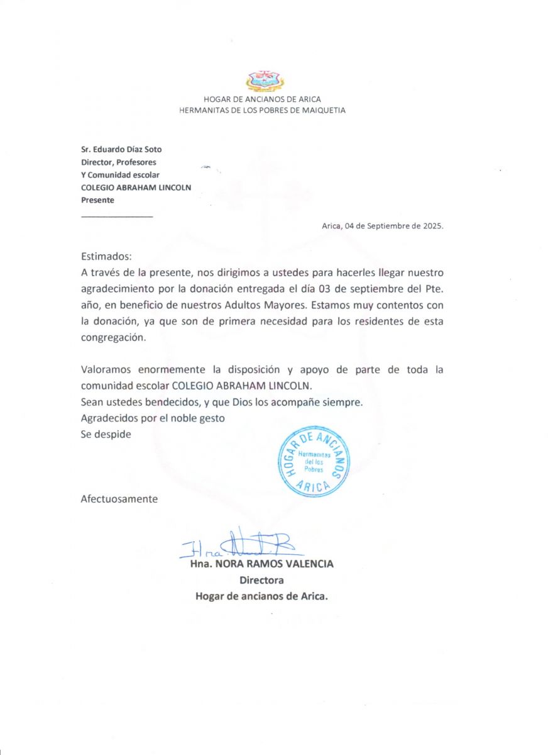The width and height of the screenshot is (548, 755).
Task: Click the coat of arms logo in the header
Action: pyautogui.click(x=265, y=81)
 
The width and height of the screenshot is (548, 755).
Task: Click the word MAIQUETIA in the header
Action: pyautogui.click(x=321, y=110)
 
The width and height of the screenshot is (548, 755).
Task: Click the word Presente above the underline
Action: pyautogui.click(x=98, y=200)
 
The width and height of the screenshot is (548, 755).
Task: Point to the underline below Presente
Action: pyautogui.click(x=117, y=216)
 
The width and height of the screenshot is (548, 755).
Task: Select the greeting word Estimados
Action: pyautogui.click(x=106, y=257)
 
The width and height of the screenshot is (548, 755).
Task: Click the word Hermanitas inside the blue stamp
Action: pyautogui.click(x=314, y=454)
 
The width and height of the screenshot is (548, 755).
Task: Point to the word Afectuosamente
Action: pyautogui.click(x=119, y=499)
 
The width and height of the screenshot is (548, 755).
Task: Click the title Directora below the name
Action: pyautogui.click(x=261, y=580)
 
